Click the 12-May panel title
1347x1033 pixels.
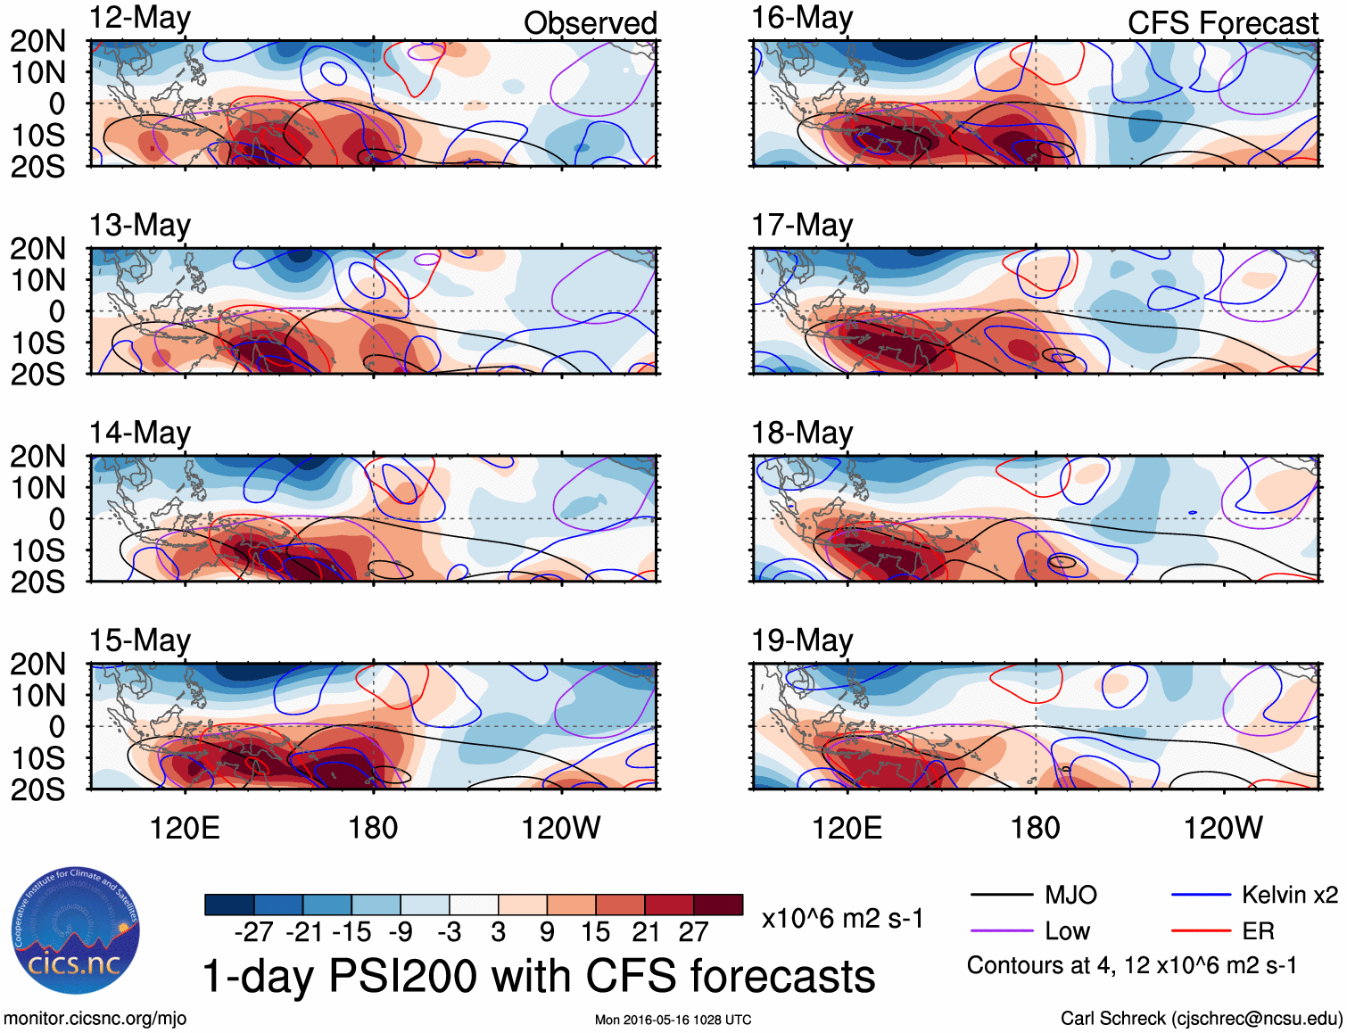(x=139, y=19)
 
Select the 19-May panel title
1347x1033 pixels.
(x=802, y=640)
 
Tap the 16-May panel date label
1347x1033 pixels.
(x=802, y=19)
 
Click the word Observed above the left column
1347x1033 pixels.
(x=590, y=23)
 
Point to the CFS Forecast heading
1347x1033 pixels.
(x=1222, y=23)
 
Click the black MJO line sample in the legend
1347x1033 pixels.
(x=1001, y=895)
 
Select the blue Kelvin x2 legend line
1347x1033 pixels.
(x=1201, y=895)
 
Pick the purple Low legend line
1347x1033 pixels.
(x=1001, y=931)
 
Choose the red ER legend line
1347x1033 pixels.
(x=1201, y=931)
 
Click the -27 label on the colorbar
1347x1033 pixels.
(x=254, y=932)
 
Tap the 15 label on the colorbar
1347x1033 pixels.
(x=595, y=932)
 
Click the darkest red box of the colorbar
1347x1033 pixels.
(x=718, y=905)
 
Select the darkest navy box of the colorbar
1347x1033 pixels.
(x=229, y=905)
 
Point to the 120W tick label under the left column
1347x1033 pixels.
(x=560, y=828)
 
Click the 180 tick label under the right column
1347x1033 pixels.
(x=1035, y=828)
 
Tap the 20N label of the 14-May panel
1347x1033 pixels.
(x=37, y=457)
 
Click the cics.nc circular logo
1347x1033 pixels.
(x=75, y=931)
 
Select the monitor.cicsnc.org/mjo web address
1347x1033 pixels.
(x=95, y=1019)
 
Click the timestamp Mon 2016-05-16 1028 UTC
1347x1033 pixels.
(x=673, y=1020)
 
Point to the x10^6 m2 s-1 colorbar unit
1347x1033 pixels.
(x=842, y=919)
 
